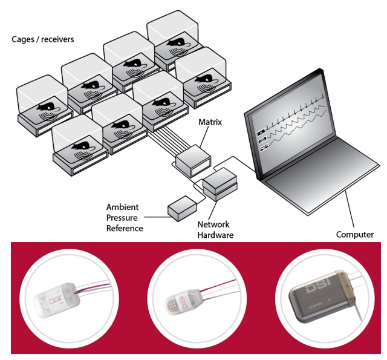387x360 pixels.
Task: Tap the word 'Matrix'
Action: [210, 122]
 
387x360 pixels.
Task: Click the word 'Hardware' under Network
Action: [215, 234]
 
